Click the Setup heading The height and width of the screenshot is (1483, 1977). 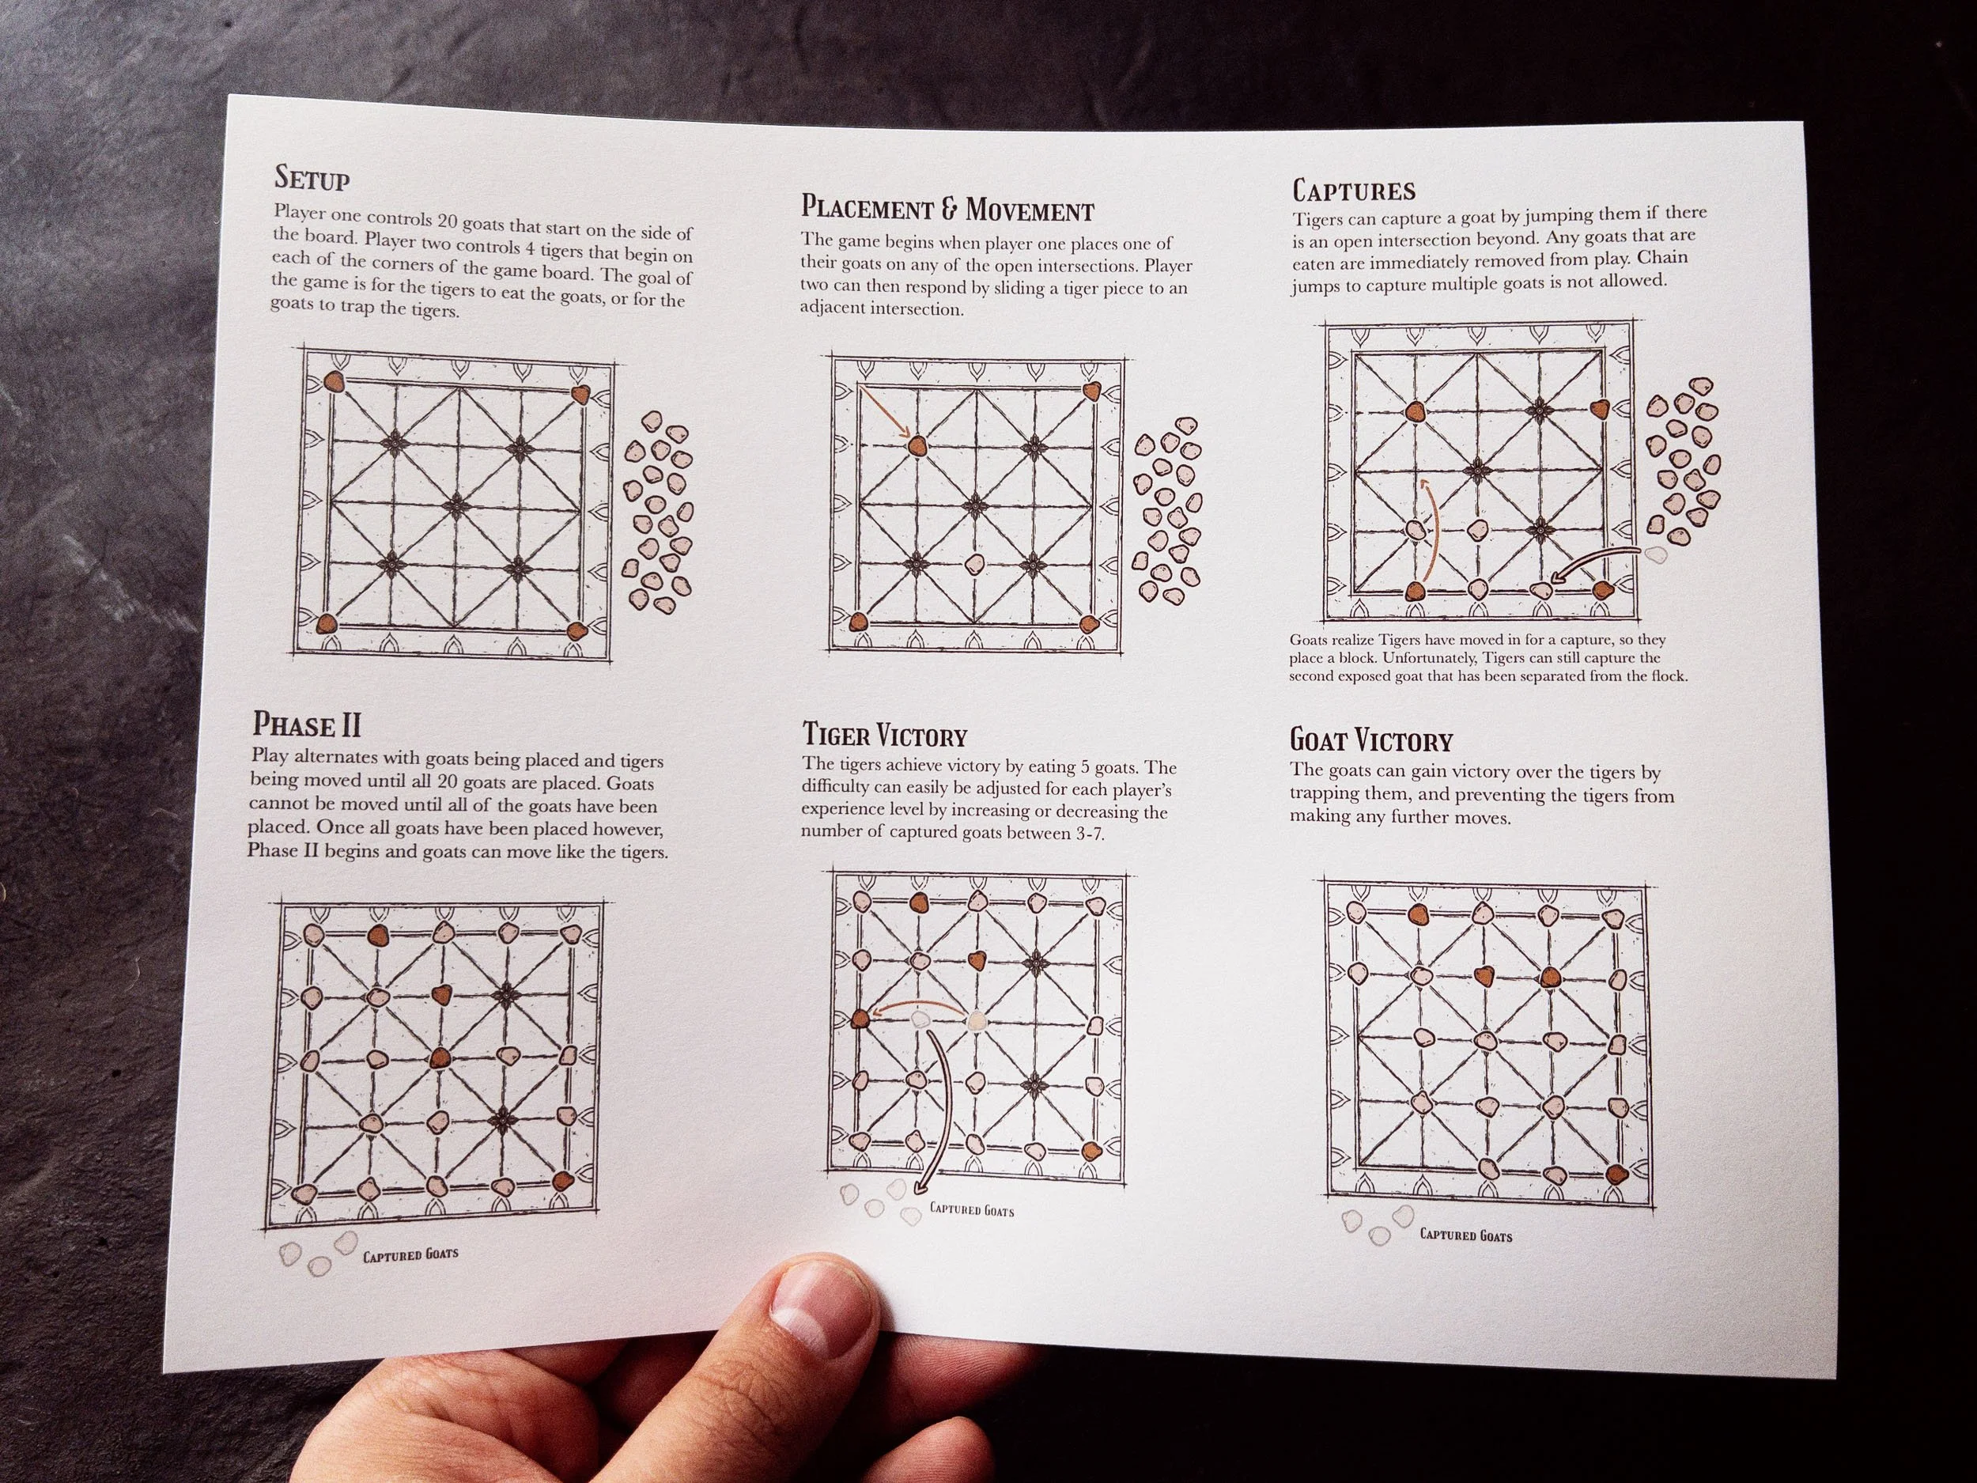pyautogui.click(x=311, y=178)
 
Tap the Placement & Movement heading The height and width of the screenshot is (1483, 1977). pyautogui.click(x=947, y=209)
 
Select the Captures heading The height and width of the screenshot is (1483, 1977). pyautogui.click(x=1354, y=191)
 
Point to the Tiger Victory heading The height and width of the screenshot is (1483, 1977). pyautogui.click(x=885, y=736)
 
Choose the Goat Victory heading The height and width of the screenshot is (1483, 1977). pyautogui.click(x=1371, y=741)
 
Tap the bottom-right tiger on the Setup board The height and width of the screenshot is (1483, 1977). pyautogui.click(x=577, y=630)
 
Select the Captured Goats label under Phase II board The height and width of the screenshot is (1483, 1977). pyautogui.click(x=410, y=1254)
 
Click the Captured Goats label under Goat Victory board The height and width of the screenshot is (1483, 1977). pyautogui.click(x=1466, y=1235)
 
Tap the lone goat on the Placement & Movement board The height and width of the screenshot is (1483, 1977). pyautogui.click(x=974, y=564)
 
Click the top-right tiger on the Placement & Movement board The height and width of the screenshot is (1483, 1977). pyautogui.click(x=1091, y=392)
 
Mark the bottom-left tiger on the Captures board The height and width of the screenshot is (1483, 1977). pyautogui.click(x=1415, y=591)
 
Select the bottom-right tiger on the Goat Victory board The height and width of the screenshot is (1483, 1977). pyautogui.click(x=1614, y=1174)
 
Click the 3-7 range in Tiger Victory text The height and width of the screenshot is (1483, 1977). pyautogui.click(x=1091, y=833)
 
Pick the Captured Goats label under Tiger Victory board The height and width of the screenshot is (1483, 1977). pyautogui.click(x=972, y=1210)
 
